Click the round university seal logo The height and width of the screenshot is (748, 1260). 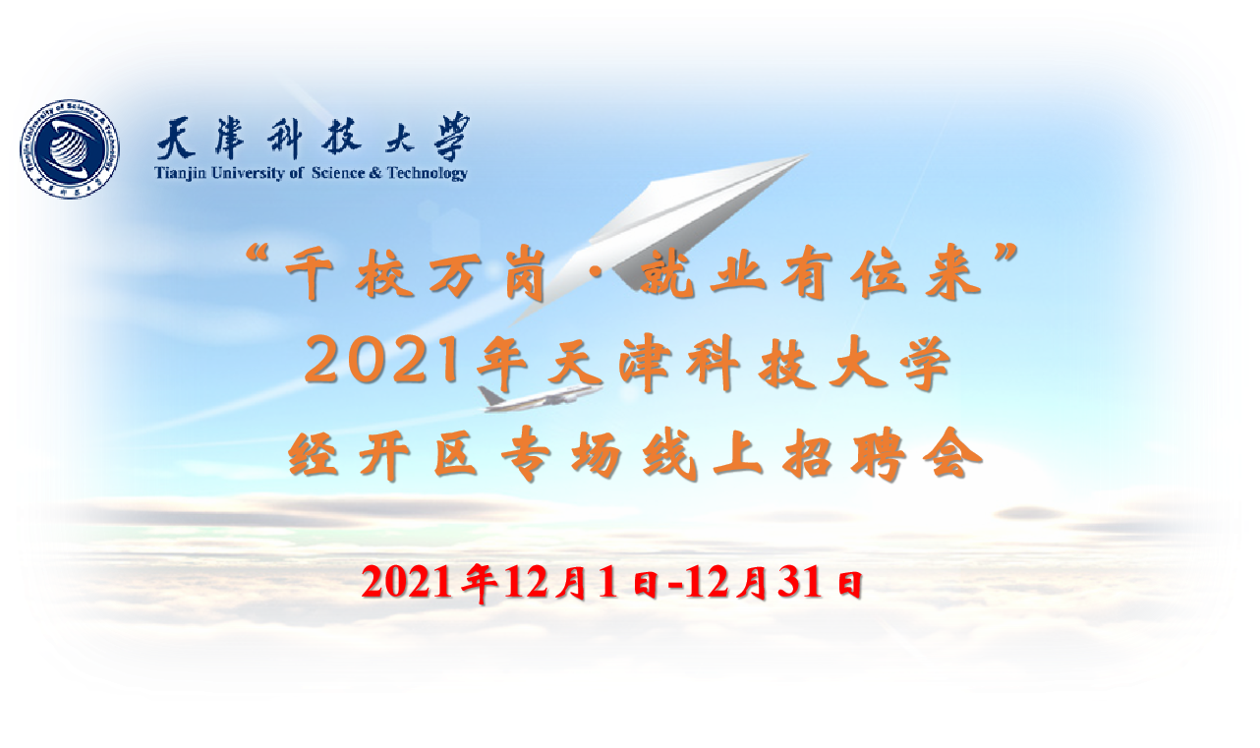[x=71, y=149]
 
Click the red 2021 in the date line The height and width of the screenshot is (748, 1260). [x=407, y=581]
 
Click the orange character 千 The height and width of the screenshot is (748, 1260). [x=311, y=275]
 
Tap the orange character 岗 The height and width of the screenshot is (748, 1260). [x=526, y=275]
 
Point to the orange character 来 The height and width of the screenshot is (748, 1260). [x=954, y=275]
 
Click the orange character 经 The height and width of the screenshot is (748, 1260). [x=314, y=455]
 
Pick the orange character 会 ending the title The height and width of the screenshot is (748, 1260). [x=952, y=455]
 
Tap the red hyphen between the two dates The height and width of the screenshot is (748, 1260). [x=675, y=586]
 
